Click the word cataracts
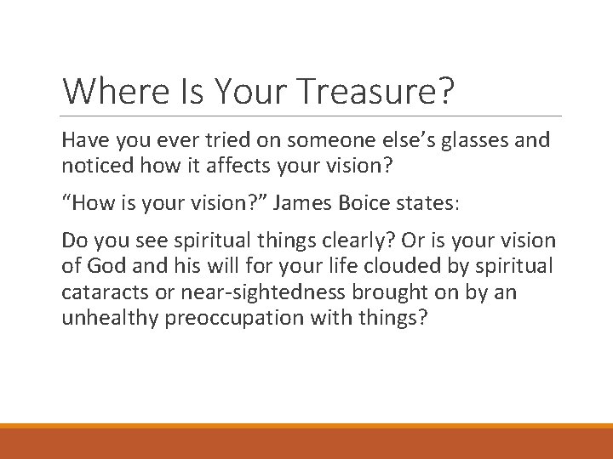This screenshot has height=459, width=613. pos(98,293)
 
